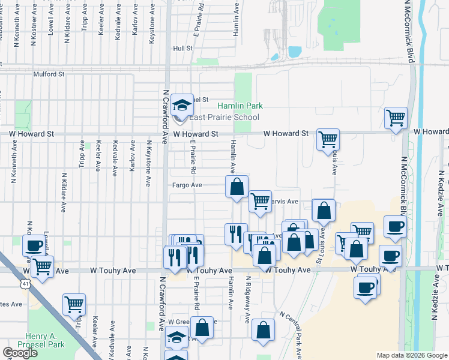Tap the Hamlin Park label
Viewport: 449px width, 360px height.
coord(240,106)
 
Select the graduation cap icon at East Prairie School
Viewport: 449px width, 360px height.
coord(182,106)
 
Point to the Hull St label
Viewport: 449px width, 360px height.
coord(182,48)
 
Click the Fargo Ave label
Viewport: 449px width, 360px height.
coord(188,185)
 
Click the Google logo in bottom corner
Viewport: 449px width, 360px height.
coord(20,353)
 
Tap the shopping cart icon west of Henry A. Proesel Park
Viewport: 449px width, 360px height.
coord(74,304)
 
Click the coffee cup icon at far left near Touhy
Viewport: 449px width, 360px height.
coord(34,245)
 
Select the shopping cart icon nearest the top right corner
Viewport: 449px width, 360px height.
coord(396,118)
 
